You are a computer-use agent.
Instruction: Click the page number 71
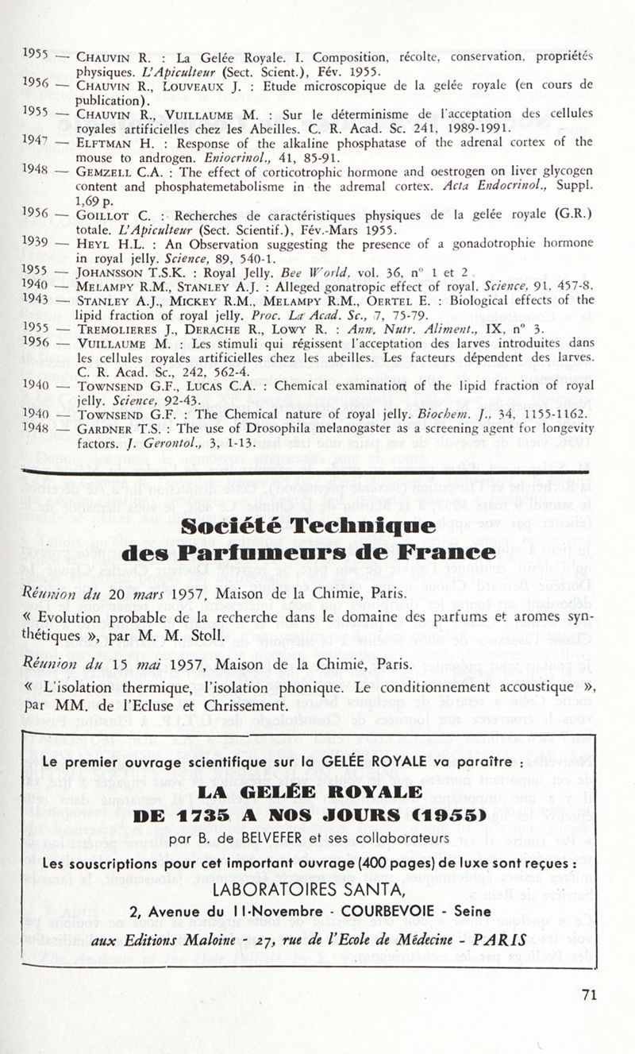click(x=588, y=994)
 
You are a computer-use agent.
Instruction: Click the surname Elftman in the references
click(x=102, y=142)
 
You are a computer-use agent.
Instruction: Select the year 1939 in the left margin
click(x=35, y=241)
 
